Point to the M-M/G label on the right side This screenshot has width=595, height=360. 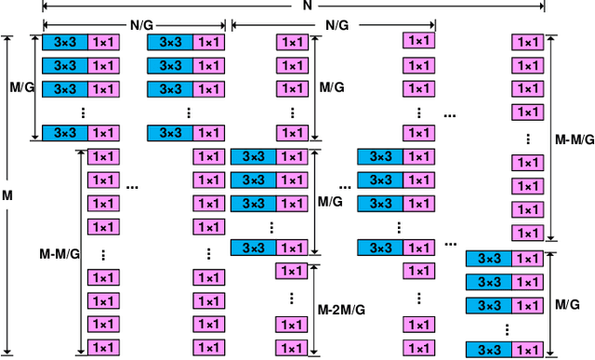(574, 139)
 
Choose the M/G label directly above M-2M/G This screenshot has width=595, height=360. (330, 201)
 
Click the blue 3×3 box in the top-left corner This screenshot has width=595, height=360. (65, 43)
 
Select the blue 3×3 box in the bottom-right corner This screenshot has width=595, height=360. (488, 350)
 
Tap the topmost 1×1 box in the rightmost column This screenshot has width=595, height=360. (529, 43)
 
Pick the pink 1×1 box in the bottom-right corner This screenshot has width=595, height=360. (529, 350)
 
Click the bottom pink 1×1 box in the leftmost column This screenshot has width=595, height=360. (103, 347)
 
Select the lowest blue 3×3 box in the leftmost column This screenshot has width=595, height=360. (65, 133)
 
